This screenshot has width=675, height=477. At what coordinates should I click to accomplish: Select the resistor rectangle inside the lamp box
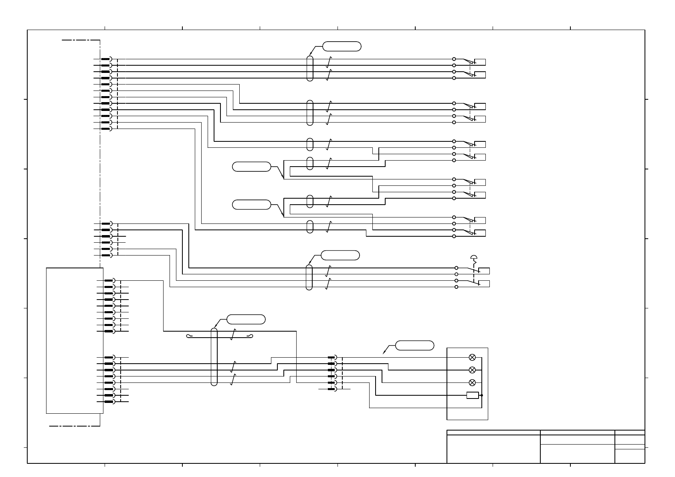(473, 395)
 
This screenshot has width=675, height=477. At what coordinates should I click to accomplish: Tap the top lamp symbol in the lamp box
(472, 357)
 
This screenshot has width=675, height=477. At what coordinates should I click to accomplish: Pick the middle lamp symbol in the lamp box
(472, 370)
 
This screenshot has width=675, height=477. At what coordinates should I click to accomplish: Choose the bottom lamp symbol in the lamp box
(472, 382)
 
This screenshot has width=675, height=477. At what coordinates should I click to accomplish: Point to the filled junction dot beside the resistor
(482, 395)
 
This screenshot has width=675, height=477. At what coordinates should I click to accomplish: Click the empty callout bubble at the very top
(342, 46)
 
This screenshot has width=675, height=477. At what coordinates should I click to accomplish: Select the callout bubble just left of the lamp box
(414, 345)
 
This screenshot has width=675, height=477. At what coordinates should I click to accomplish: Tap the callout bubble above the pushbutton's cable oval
(340, 255)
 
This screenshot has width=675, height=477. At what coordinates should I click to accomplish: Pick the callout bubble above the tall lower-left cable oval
(246, 320)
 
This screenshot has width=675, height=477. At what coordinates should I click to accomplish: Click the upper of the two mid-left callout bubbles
(251, 167)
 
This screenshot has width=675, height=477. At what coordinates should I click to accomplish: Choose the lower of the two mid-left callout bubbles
(251, 204)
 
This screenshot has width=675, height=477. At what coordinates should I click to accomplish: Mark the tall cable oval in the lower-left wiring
(214, 357)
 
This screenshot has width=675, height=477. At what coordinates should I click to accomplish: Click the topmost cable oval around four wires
(309, 68)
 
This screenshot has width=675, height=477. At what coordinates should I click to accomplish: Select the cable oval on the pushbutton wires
(309, 277)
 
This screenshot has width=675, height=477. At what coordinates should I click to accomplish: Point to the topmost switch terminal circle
(454, 59)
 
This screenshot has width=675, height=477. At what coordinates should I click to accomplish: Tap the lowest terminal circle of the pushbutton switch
(457, 287)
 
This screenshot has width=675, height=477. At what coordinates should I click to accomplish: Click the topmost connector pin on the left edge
(106, 59)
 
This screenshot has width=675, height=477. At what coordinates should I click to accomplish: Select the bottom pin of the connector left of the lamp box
(332, 389)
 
